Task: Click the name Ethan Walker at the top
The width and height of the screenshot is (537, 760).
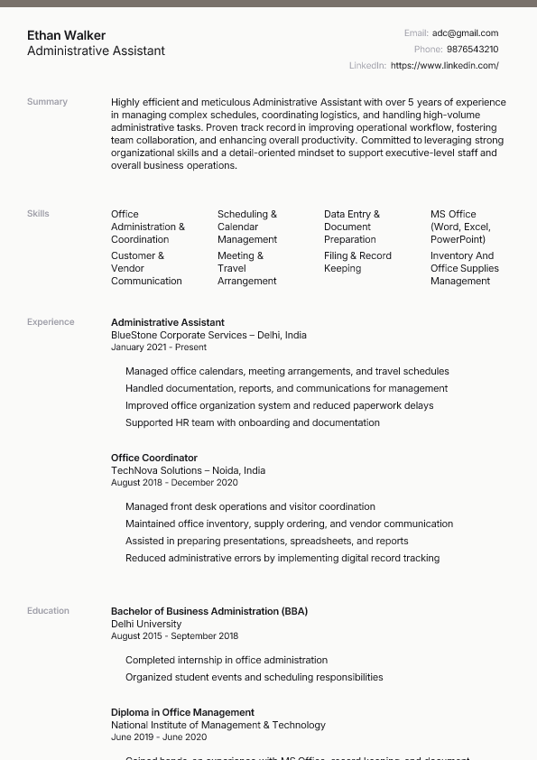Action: pyautogui.click(x=66, y=35)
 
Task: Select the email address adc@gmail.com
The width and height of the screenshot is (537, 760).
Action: pyautogui.click(x=465, y=33)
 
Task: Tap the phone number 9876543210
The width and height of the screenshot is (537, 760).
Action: pyautogui.click(x=472, y=50)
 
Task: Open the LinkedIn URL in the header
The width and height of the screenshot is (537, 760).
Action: pyautogui.click(x=444, y=66)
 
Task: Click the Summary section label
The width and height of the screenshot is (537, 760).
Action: pyautogui.click(x=47, y=102)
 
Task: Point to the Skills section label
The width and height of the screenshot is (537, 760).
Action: pyautogui.click(x=38, y=214)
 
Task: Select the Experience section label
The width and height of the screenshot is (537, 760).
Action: pyautogui.click(x=51, y=322)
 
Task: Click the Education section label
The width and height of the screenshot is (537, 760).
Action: pyautogui.click(x=48, y=611)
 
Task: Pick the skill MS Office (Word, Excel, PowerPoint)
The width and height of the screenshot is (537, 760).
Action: pyautogui.click(x=460, y=227)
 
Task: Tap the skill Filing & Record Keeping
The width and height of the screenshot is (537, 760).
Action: pyautogui.click(x=357, y=262)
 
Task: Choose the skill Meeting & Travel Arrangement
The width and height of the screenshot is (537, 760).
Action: pyautogui.click(x=246, y=268)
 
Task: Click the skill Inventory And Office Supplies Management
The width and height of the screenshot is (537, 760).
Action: pyautogui.click(x=464, y=268)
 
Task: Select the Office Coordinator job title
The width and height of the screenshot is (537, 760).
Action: pyautogui.click(x=153, y=458)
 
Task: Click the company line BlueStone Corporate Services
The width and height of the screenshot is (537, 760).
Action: pyautogui.click(x=208, y=335)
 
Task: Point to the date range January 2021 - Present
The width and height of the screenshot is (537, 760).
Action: pyautogui.click(x=159, y=348)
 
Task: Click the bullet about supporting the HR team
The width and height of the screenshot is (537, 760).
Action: pyautogui.click(x=252, y=422)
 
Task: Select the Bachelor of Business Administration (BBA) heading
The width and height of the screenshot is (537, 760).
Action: pyautogui.click(x=208, y=611)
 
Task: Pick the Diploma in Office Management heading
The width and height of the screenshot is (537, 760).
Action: pyautogui.click(x=182, y=712)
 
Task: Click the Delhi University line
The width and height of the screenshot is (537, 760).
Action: pyautogui.click(x=146, y=624)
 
